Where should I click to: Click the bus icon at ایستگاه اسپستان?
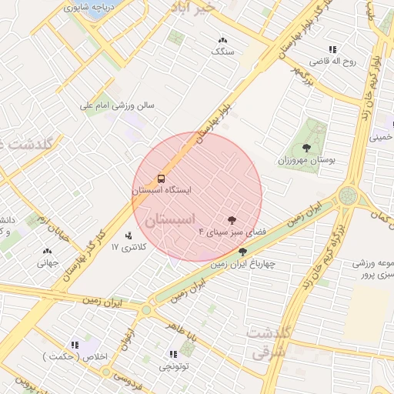tap(160, 178)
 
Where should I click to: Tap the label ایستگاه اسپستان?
tap(161, 189)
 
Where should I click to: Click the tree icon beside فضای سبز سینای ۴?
tap(232, 220)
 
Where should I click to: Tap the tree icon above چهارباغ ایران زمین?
tap(243, 252)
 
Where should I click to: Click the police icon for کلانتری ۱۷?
tap(128, 235)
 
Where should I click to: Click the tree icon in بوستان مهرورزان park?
tap(306, 147)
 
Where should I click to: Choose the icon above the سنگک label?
tap(222, 40)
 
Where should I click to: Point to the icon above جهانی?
tap(47, 251)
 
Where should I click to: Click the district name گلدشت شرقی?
tap(269, 341)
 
